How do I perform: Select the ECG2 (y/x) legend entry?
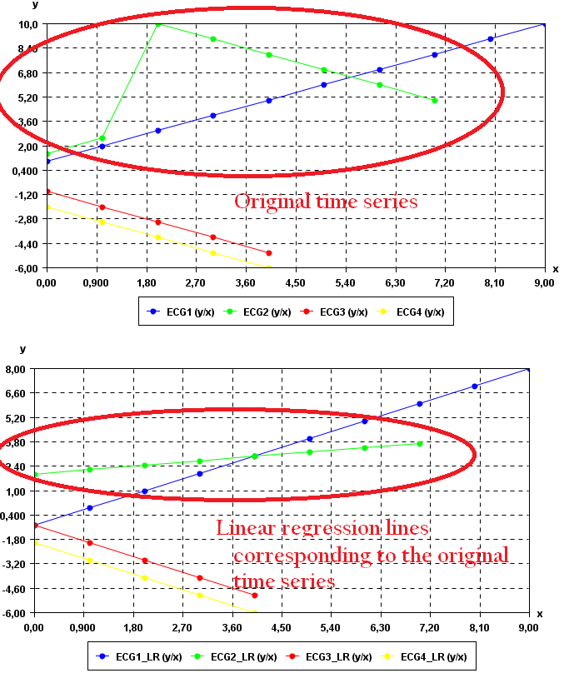pyautogui.click(x=267, y=312)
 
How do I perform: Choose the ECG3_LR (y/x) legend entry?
pyautogui.click(x=338, y=657)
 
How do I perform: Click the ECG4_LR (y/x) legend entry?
pyautogui.click(x=433, y=657)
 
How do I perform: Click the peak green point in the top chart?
pyautogui.click(x=158, y=23)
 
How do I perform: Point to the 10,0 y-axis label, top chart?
pyautogui.click(x=27, y=24)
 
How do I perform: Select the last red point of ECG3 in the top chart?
pyautogui.click(x=268, y=252)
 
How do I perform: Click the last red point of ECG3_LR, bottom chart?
pyautogui.click(x=254, y=596)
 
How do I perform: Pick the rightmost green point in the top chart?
pyautogui.click(x=435, y=100)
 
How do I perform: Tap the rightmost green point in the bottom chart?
pyautogui.click(x=420, y=443)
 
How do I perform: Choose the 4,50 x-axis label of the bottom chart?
pyautogui.click(x=282, y=626)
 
